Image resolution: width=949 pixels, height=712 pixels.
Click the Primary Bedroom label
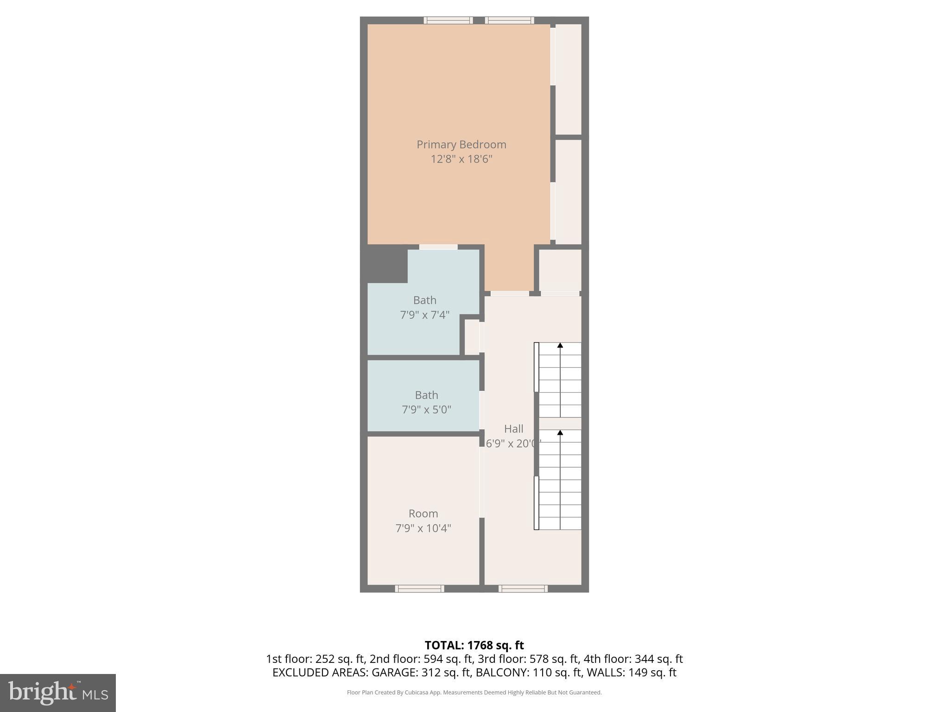tap(461, 145)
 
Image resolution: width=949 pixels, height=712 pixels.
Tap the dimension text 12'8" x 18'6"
tap(461, 159)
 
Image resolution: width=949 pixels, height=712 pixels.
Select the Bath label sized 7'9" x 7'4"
tap(424, 300)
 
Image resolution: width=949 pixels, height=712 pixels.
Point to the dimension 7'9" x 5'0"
tap(426, 410)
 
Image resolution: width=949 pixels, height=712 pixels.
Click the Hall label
tap(513, 429)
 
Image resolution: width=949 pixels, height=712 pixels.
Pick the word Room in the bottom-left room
tap(423, 514)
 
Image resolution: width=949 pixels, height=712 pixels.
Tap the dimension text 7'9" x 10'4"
tap(423, 528)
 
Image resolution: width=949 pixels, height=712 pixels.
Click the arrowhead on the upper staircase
tap(560, 345)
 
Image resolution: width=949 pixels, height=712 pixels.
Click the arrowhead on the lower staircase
tap(560, 432)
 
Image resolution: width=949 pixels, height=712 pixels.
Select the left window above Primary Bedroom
tap(448, 20)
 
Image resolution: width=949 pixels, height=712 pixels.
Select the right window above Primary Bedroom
tap(509, 20)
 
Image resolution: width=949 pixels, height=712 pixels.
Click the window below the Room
tap(419, 589)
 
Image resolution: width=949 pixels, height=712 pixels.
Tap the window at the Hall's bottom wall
tap(523, 589)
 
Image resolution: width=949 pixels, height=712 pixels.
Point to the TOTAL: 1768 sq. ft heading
tap(474, 645)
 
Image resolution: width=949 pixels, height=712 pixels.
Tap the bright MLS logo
tap(58, 693)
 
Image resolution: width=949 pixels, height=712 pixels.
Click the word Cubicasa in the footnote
tap(415, 693)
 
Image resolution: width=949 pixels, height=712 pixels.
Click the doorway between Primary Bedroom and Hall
tap(509, 293)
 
